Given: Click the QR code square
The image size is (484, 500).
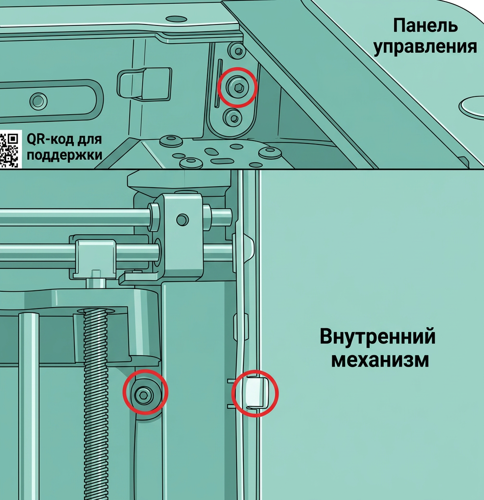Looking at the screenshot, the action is coord(10,149).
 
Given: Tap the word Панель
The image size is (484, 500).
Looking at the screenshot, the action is coord(425,25).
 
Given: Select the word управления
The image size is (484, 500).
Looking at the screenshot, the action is coord(425,47).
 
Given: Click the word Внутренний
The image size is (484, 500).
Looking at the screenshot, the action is coord(377,336).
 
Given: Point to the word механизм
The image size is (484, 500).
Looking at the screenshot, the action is coord(380,360).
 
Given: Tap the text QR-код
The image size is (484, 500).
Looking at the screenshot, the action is coord(49,139).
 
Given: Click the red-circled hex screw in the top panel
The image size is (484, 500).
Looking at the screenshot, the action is coord(237,87).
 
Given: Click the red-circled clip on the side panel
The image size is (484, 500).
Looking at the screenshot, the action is coord(255,393).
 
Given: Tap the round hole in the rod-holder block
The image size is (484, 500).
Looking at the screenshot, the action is coord(182,220).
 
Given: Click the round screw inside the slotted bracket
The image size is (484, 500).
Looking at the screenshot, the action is coord(38,101).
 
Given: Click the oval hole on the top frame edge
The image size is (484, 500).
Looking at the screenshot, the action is coord(176,19).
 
